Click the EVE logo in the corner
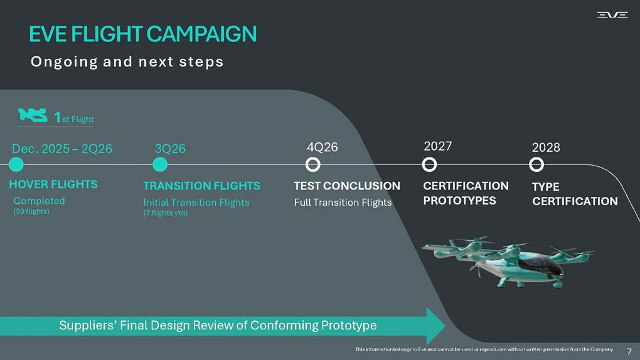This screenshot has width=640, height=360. [x=612, y=14]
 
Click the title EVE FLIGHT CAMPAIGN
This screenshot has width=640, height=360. [x=143, y=34]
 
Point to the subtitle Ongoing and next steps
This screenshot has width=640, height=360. [x=127, y=62]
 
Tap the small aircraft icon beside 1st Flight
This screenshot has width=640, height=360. [x=33, y=115]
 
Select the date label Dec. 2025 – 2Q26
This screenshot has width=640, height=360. [x=62, y=149]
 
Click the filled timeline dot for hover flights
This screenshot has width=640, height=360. [x=16, y=164]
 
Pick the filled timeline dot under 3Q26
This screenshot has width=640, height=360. [x=160, y=165]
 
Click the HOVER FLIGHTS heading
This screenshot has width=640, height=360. [x=53, y=184]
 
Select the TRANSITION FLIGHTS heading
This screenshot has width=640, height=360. [x=201, y=186]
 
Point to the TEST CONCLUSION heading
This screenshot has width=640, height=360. [x=347, y=186]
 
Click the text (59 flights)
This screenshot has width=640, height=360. [x=31, y=211]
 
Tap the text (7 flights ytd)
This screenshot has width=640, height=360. [x=165, y=213]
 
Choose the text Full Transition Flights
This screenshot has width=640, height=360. [x=343, y=203]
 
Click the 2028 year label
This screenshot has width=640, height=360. [x=546, y=147]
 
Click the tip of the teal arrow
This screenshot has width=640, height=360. [x=445, y=326]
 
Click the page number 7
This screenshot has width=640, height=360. [x=629, y=351]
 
